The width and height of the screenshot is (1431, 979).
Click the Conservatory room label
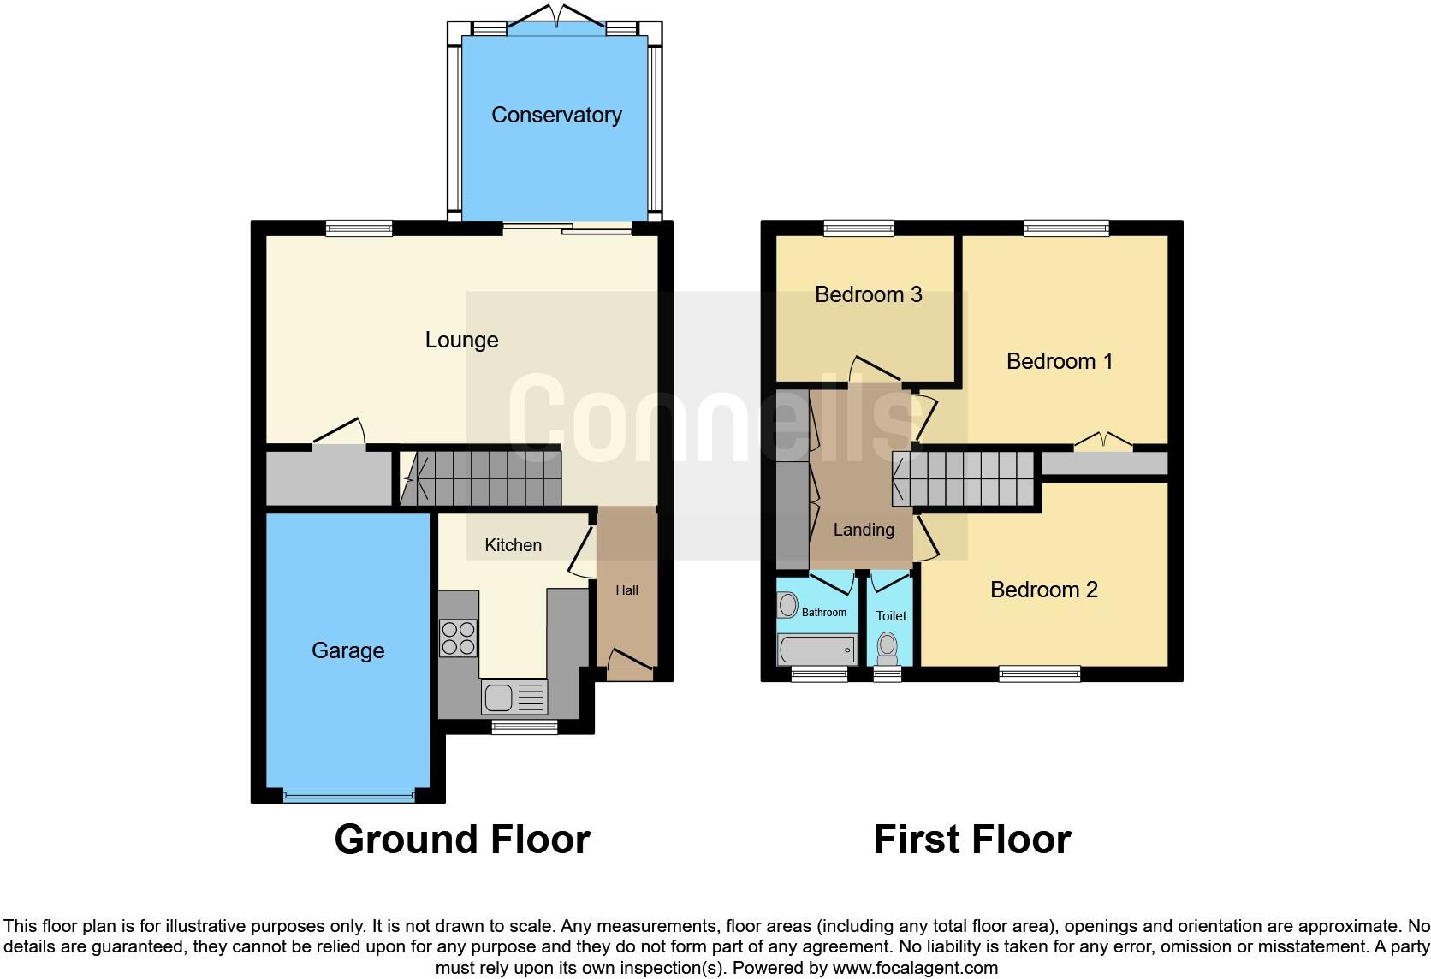556,115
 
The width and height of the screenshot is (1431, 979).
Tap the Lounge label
461,340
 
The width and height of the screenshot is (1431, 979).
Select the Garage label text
347,650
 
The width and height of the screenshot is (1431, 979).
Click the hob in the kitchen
458,638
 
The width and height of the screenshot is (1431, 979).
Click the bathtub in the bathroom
816,650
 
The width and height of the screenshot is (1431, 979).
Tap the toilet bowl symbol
888,648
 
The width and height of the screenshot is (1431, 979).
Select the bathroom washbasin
787,605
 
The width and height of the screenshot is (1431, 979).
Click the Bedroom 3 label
868,294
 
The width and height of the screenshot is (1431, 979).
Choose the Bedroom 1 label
1060,361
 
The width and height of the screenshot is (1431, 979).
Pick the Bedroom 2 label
1043,590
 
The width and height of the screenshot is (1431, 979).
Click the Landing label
864,530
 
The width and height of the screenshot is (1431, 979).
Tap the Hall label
626,590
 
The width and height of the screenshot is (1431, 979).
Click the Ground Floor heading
462,840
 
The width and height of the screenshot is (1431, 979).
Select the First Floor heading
972,840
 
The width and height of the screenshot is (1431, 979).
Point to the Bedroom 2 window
1039,673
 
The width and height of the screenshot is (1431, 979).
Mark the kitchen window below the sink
525,727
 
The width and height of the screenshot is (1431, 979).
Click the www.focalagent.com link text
915,969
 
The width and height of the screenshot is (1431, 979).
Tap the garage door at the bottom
348,797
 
